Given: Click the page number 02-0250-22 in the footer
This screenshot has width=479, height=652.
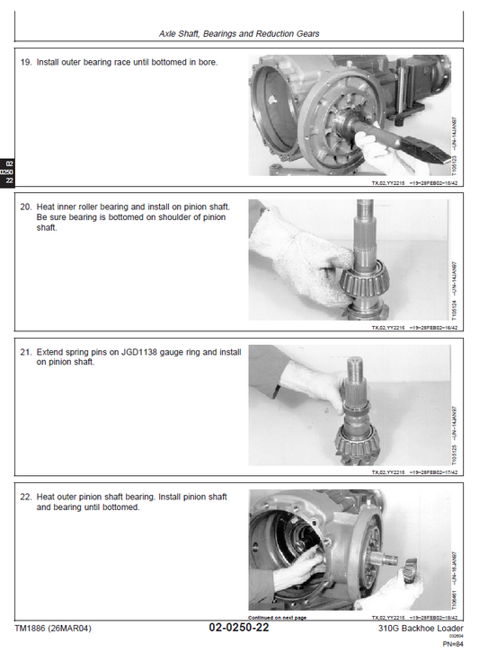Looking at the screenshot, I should tap(238, 628).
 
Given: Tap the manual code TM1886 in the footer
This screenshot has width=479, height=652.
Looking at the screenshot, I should tap(35, 628).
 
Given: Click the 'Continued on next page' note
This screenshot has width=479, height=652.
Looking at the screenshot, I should tap(277, 618).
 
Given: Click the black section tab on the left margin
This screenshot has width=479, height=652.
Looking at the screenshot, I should tap(7, 171).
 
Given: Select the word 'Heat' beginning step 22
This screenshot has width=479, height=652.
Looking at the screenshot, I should tap(46, 497).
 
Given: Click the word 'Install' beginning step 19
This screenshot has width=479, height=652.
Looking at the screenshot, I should tap(49, 63).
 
